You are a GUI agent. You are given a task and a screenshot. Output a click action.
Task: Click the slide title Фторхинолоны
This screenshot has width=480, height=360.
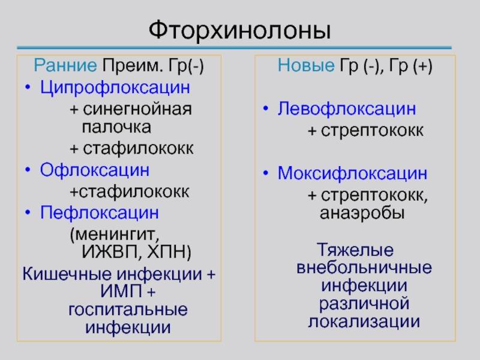tap(239, 30)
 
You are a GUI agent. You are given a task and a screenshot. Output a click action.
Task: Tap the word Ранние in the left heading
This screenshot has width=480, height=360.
tap(65, 65)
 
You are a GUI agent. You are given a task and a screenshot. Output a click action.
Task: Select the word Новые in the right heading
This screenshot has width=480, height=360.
tap(306, 65)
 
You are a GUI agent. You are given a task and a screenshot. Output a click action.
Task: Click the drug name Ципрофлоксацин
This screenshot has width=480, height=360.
tap(115, 88)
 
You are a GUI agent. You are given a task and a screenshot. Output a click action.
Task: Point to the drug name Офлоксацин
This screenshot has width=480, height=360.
tap(95, 170)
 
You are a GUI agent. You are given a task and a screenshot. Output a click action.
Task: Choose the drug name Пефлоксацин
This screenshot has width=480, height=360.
tap(100, 213)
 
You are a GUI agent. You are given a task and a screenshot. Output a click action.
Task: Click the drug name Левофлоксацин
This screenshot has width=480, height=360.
tap(347, 109)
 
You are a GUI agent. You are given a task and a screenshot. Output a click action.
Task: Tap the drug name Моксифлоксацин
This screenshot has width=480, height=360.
tap(352, 173)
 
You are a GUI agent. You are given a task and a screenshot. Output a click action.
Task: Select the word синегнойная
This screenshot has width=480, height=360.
tap(137, 109)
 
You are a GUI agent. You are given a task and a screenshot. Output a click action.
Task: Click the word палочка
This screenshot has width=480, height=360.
tap(116, 127)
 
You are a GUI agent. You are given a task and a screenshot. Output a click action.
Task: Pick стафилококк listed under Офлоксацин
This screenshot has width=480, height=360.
tap(134, 191)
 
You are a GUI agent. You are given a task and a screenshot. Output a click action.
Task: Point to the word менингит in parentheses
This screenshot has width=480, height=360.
tap(116, 235)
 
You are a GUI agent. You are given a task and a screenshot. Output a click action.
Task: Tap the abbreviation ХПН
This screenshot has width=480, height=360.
tap(167, 252)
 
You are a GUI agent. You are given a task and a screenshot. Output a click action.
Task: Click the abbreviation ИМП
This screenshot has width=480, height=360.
tap(121, 291)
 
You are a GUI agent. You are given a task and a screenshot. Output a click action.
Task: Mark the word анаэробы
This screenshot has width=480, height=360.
tap(362, 214)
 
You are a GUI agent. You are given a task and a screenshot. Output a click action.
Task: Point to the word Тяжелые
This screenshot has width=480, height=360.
tap(355, 250)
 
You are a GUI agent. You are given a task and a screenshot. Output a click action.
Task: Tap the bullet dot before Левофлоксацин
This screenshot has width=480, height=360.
tap(266, 109)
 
